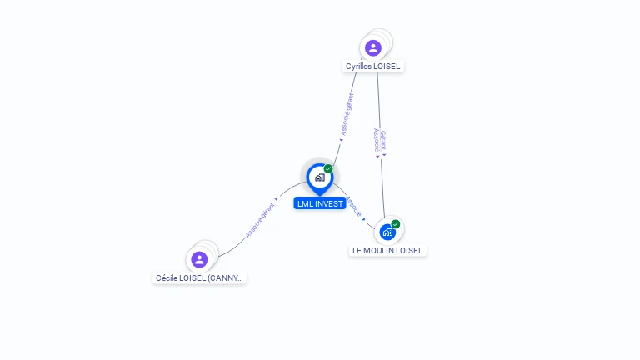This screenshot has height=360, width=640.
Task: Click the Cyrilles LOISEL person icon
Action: click(x=372, y=47)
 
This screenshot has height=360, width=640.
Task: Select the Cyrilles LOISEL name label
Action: click(x=374, y=66)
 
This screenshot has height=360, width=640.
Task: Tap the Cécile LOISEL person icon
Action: click(x=199, y=259)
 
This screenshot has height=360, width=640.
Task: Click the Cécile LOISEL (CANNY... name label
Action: click(x=200, y=277)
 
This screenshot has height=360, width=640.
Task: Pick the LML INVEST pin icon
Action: click(x=319, y=177)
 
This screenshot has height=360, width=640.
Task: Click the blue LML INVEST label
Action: click(x=319, y=203)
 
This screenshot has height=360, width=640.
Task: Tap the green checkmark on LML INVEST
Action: click(x=328, y=169)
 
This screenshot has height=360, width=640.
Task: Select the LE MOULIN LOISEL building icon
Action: click(x=387, y=232)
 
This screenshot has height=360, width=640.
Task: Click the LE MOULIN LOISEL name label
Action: click(x=387, y=250)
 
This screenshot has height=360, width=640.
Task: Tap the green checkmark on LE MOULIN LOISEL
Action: click(x=396, y=224)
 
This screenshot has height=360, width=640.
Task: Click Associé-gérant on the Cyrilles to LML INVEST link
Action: click(x=347, y=114)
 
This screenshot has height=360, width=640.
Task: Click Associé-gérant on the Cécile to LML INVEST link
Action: click(x=260, y=220)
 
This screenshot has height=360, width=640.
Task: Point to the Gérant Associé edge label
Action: click(x=379, y=141)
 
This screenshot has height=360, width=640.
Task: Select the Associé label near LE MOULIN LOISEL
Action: click(x=354, y=207)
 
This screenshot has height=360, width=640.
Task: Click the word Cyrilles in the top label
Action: click(x=360, y=66)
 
